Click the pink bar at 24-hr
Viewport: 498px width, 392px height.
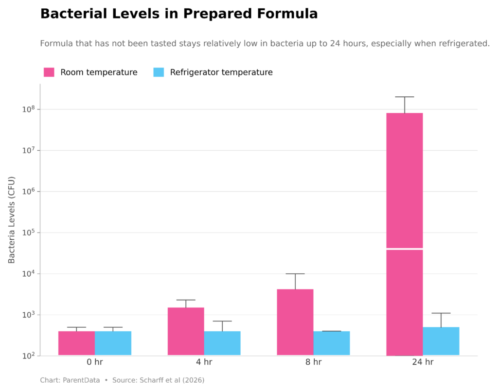404,233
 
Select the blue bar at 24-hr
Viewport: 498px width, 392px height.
441,341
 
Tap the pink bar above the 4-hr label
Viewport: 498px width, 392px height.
185,331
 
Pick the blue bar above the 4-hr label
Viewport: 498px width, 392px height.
222,343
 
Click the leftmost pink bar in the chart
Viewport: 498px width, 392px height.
76,343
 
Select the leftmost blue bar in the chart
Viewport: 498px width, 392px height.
113,343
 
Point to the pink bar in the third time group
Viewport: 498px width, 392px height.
295,322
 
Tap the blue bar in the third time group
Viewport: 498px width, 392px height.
332,343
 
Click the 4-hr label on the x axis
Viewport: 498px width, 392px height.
204,362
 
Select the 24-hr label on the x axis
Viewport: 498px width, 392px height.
423,362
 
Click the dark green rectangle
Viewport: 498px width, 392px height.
460,261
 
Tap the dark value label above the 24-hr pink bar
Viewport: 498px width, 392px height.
404,102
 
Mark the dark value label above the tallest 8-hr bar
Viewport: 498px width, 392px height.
295,281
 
